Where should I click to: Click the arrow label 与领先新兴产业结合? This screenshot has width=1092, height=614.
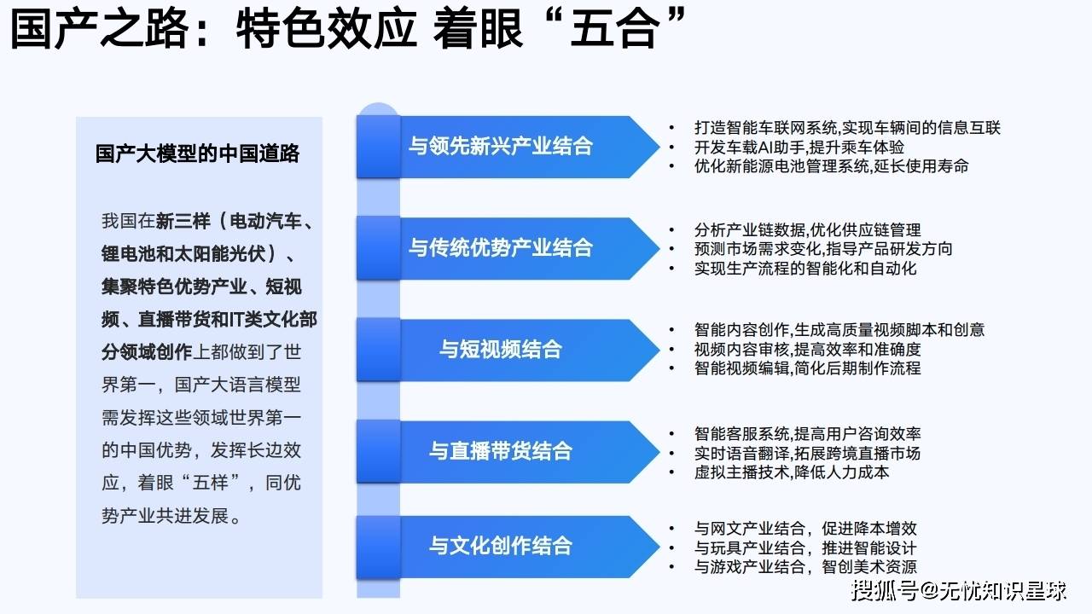click(501, 146)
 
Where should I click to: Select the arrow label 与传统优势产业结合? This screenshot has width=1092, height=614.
click(501, 248)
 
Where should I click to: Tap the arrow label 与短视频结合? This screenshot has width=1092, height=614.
click(501, 350)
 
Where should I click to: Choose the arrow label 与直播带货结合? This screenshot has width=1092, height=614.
click(501, 451)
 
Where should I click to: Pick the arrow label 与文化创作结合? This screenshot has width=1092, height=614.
click(501, 546)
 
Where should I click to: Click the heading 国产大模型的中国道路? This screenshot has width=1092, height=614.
click(197, 153)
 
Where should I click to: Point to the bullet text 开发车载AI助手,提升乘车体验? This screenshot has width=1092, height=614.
click(799, 148)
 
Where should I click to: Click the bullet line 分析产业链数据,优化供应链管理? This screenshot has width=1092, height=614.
click(807, 230)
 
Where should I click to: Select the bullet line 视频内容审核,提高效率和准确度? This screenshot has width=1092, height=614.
click(807, 350)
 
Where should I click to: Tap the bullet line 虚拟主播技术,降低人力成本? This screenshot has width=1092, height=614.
click(792, 472)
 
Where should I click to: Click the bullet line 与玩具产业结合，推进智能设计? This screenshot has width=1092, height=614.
click(805, 548)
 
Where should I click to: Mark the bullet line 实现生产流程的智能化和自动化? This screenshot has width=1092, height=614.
click(805, 269)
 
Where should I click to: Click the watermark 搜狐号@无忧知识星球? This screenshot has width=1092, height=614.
click(959, 591)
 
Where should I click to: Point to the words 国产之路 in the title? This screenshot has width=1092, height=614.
click(100, 28)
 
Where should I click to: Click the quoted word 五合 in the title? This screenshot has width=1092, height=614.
click(615, 28)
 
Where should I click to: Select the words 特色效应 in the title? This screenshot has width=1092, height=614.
click(326, 28)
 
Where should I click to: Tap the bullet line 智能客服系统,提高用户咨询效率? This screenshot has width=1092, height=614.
click(807, 434)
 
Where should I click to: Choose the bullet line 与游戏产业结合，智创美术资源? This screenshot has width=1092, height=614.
click(805, 567)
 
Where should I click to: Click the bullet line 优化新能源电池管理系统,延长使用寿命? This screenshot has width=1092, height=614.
click(831, 166)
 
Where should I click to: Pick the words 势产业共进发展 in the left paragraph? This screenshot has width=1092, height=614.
click(166, 516)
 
